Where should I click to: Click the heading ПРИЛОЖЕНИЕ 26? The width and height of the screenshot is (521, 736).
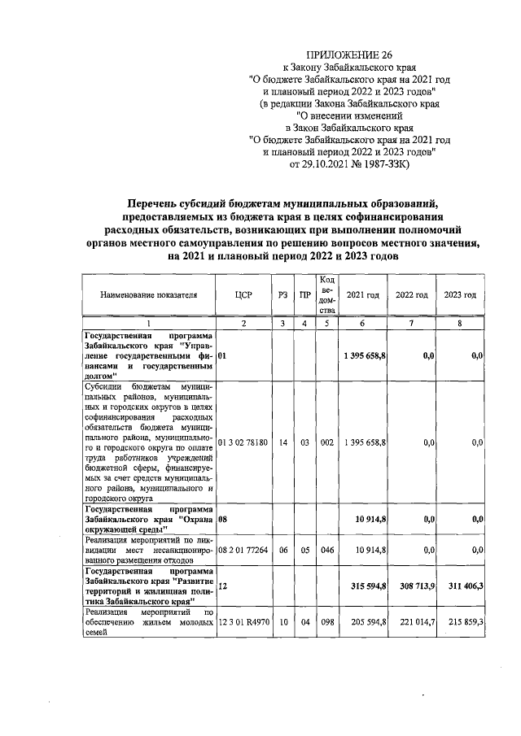point(348,54)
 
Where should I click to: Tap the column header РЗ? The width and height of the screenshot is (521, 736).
point(282,294)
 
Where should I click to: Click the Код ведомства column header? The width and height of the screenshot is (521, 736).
point(326,294)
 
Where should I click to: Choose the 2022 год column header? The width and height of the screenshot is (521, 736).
point(411,294)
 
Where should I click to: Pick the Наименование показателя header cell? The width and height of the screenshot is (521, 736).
point(149,294)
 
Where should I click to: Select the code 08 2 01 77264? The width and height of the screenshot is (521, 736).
point(244,551)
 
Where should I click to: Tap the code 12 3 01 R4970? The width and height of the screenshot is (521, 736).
point(244,622)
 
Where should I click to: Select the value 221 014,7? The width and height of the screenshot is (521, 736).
point(414,622)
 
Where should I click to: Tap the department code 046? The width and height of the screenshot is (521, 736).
point(326,551)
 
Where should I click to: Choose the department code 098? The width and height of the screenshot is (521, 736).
point(326,622)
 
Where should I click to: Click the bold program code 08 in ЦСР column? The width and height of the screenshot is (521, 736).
point(223,518)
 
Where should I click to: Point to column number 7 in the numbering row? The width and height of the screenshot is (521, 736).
point(411,324)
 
